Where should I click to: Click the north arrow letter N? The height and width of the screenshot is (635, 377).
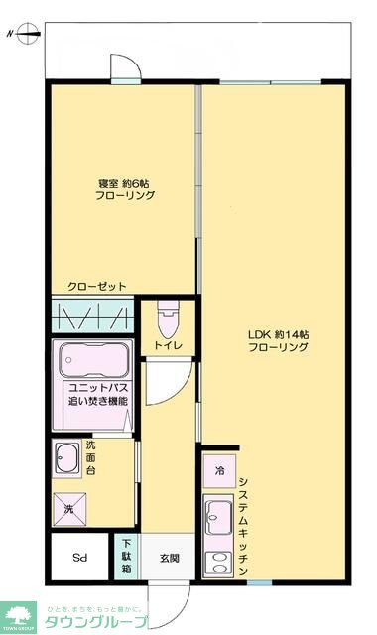pos(9,33)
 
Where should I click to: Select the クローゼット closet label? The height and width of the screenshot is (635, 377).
pos(97,287)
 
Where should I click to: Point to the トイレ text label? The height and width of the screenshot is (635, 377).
pos(166,346)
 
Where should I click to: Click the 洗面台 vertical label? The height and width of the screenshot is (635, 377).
pos(90,458)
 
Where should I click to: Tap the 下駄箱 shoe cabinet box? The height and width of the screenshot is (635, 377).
pos(126,558)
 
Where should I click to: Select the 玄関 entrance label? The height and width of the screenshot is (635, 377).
pos(169,559)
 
